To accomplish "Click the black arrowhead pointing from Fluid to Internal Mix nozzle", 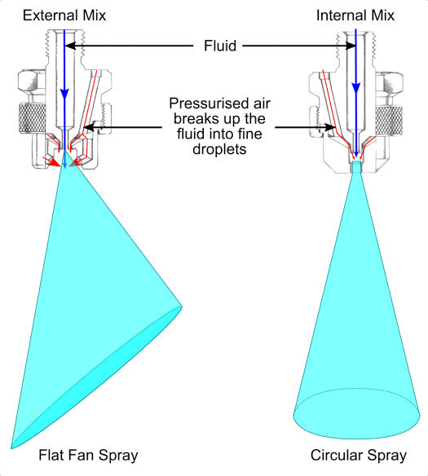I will (x=339, y=47).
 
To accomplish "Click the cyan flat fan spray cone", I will (x=90, y=310).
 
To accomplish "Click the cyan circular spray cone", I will (x=355, y=342).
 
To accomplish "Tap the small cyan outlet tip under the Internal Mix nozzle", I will (x=355, y=166).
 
